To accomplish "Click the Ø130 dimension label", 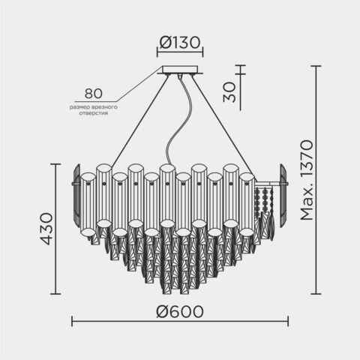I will (179, 43).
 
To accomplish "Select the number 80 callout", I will (93, 94).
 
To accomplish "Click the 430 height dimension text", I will (46, 229).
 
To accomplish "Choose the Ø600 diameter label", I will (179, 309).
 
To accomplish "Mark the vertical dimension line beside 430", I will (59, 229).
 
